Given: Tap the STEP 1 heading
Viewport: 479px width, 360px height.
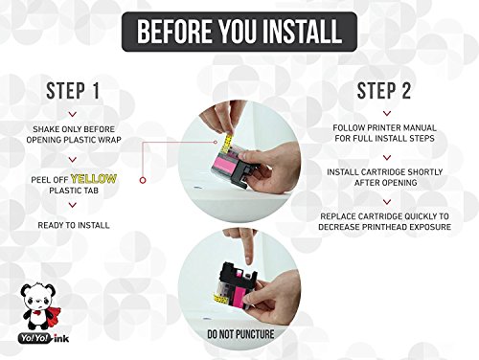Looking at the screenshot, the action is [73, 91].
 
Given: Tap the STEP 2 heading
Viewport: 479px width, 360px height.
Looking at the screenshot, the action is [384, 91].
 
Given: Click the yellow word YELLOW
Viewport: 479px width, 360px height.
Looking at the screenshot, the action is [94, 179].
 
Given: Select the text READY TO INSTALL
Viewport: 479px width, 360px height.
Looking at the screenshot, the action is [74, 225].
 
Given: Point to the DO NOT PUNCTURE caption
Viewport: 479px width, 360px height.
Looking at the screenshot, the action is [240, 334].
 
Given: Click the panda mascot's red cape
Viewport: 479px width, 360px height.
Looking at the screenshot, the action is [45, 311].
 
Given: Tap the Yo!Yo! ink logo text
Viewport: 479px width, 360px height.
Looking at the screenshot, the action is [44, 338].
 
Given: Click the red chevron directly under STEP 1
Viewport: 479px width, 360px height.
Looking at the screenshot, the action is [73, 114].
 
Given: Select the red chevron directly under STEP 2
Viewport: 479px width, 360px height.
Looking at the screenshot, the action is [387, 113].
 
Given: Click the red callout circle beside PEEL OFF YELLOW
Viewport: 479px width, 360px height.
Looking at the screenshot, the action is [143, 180].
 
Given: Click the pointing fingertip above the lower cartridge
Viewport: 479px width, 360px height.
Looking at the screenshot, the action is [249, 261].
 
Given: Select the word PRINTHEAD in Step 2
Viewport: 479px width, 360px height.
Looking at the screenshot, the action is [385, 227].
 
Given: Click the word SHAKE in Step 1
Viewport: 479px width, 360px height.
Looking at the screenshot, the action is [46, 129].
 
